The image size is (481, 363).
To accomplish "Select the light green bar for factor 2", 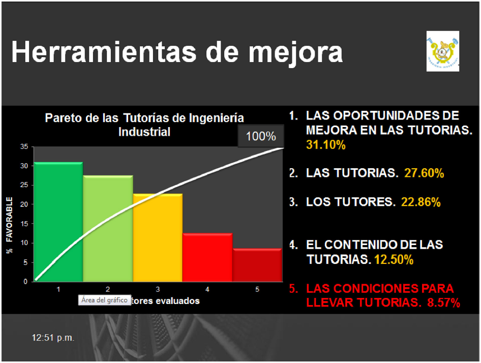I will click(108, 228).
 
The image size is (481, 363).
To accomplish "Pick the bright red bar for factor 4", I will click(207, 257).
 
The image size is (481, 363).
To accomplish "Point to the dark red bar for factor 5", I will click(257, 265).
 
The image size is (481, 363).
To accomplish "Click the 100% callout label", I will click(261, 136).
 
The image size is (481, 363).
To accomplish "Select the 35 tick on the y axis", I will click(24, 146).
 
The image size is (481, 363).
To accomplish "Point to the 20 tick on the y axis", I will click(24, 204).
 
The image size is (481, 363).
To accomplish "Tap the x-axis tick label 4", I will click(207, 289).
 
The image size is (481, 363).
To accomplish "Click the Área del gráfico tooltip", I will click(104, 300).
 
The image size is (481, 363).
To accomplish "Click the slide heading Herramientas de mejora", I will click(176, 52).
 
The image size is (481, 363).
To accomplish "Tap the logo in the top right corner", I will click(442, 51).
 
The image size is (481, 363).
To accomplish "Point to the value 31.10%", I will click(326, 145).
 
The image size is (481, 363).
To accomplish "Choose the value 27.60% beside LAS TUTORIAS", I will click(425, 173).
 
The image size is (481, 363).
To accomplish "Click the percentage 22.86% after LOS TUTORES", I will click(420, 202).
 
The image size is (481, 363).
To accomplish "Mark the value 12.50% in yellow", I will click(394, 260).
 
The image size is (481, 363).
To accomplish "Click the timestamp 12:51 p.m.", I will click(53, 338).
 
